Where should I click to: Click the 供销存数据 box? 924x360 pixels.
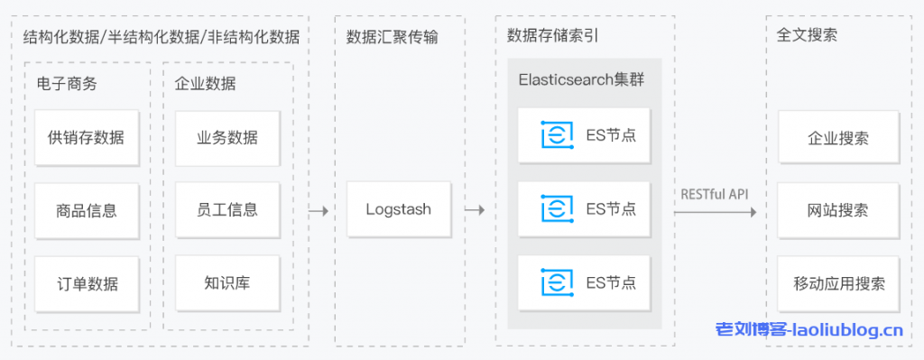(x=87, y=138)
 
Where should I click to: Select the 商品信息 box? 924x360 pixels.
(x=87, y=210)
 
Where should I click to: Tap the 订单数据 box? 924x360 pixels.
(x=87, y=283)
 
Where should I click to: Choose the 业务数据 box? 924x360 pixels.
(x=226, y=138)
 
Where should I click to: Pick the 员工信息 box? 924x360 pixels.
(x=226, y=210)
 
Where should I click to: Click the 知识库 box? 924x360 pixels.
(x=226, y=283)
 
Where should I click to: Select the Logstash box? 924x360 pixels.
(x=398, y=210)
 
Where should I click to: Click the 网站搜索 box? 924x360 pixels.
(x=838, y=210)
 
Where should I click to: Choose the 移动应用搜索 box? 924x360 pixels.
(x=838, y=283)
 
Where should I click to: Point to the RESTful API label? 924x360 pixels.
(x=715, y=193)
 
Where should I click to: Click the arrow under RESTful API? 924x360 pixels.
(x=715, y=212)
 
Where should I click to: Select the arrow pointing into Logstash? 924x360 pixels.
(x=318, y=210)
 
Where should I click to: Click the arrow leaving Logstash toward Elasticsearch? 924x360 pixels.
(x=475, y=210)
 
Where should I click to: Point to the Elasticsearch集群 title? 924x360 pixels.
(x=580, y=79)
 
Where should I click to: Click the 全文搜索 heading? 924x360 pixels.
(x=807, y=36)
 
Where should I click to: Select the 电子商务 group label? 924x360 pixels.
(x=67, y=84)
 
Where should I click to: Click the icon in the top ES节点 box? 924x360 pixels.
(x=556, y=135)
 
